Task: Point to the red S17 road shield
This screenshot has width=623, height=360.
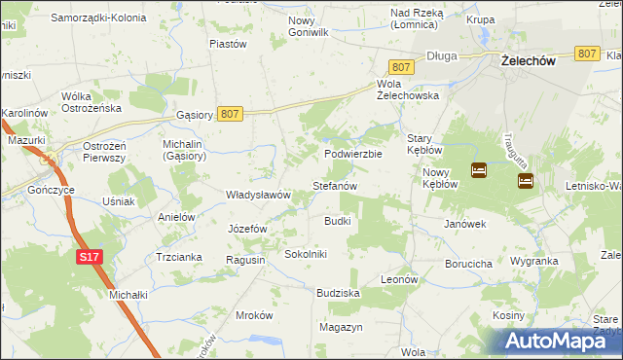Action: [89, 256]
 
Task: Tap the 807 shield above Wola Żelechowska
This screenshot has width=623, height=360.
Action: [402, 66]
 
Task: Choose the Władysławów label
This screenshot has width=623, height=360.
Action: [259, 195]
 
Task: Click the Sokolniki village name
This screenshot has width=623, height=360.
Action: [306, 254]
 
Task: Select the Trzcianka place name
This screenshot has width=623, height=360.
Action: [178, 257]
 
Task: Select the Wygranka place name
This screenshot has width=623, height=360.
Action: [533, 262]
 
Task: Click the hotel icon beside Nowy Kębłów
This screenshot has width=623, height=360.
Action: [479, 170]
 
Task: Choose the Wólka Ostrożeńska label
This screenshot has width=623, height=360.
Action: [91, 101]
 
